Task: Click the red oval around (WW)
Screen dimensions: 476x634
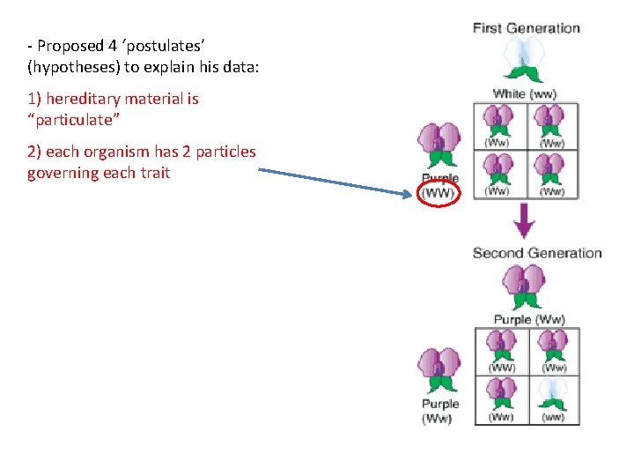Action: tap(439, 194)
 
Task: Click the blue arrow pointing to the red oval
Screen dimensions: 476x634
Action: tap(335, 181)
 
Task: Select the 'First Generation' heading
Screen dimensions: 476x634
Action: tap(527, 28)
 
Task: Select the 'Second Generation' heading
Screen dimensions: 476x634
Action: tap(537, 253)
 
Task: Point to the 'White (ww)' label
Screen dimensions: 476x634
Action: tap(525, 93)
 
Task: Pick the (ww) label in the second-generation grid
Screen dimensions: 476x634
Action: tap(554, 416)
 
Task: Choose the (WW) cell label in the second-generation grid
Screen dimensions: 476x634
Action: tap(501, 368)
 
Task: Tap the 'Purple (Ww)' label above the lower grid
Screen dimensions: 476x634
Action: tap(529, 319)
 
